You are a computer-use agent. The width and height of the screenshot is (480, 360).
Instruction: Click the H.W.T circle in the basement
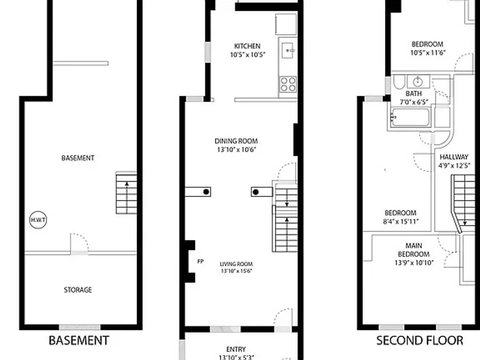point(38,220)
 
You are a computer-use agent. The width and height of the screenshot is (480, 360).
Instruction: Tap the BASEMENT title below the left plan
point(79,340)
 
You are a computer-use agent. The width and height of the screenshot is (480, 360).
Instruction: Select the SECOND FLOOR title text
point(420,340)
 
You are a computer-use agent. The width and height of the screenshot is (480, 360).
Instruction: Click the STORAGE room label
point(78,290)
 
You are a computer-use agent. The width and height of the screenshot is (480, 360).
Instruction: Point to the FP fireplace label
point(200,262)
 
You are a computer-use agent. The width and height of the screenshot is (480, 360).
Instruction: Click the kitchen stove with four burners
point(288,84)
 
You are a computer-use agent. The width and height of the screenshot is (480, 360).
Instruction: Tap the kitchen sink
point(287,51)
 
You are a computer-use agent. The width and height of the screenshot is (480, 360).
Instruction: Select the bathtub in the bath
point(410,117)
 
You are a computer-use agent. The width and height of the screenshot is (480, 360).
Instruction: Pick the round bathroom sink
point(418,81)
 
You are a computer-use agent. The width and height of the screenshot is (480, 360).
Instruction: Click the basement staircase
point(126,193)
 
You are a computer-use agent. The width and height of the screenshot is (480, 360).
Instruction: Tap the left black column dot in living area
point(206,192)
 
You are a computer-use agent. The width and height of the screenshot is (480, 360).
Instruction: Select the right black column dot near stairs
point(256,192)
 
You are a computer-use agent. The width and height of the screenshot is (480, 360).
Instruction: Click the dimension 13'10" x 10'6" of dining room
point(236,150)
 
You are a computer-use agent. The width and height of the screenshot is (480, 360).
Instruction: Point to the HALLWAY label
point(454,157)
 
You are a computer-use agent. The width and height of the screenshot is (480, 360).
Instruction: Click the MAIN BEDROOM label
point(414,250)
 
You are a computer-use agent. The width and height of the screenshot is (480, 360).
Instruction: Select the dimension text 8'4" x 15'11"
point(401,221)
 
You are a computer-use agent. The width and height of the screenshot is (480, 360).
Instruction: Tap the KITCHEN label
point(247,46)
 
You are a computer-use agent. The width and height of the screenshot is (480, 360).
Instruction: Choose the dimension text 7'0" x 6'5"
point(414,102)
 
